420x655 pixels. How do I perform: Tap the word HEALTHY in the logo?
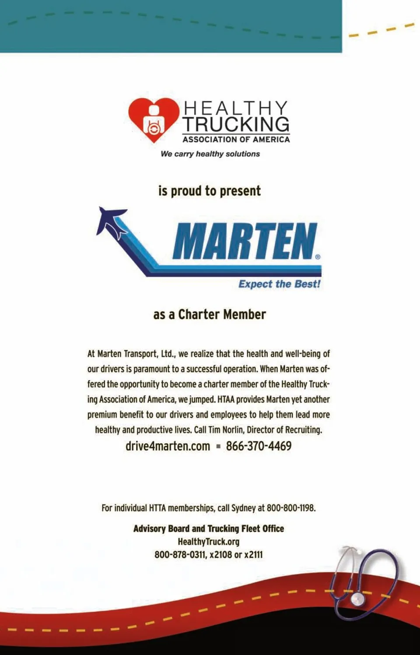click(x=235, y=108)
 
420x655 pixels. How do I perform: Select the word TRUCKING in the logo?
click(x=236, y=124)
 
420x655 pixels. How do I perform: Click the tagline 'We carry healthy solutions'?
click(x=210, y=154)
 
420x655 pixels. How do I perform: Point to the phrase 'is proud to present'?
click(x=210, y=191)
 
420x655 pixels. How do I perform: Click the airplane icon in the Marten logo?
click(x=111, y=221)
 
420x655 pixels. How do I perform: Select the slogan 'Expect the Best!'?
click(x=279, y=284)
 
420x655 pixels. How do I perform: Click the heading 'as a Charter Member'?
click(x=210, y=314)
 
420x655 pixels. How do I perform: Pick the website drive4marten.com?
click(x=168, y=446)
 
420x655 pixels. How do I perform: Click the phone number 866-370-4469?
click(x=259, y=446)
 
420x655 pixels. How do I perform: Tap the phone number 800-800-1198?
click(x=290, y=508)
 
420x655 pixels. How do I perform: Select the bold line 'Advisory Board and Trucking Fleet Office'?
click(x=209, y=528)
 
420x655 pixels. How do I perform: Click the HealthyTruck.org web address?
click(x=209, y=542)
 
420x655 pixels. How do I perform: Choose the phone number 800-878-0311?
click(x=180, y=555)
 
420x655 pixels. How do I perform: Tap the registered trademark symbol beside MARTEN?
click(x=318, y=257)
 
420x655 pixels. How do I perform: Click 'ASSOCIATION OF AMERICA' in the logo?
click(x=236, y=140)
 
